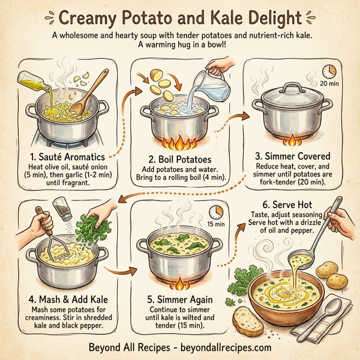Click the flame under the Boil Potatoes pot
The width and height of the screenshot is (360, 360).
click(x=178, y=143)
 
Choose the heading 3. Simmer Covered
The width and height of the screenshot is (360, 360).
click(x=293, y=156)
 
